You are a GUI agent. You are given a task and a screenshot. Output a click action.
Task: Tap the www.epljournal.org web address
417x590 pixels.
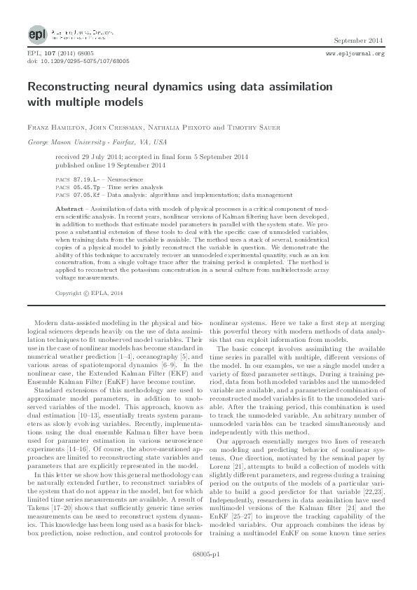coord(356,53)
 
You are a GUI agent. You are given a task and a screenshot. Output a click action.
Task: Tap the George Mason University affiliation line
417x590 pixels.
coord(87,141)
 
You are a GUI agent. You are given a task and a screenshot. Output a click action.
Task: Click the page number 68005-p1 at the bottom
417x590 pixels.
coord(208,572)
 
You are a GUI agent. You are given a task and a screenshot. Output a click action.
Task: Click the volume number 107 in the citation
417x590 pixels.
coord(47,53)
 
